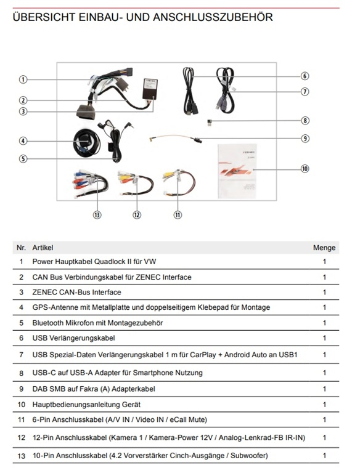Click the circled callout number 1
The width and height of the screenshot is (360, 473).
[x=23, y=79]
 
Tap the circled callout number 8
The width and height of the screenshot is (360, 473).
[x=305, y=121]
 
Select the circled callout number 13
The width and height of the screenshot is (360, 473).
[x=97, y=215]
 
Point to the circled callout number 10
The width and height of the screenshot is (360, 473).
[x=305, y=169]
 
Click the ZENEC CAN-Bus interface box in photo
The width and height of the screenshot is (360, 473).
[x=150, y=89]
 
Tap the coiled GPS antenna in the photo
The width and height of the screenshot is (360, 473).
[x=86, y=142]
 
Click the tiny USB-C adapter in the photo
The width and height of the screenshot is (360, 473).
[x=209, y=123]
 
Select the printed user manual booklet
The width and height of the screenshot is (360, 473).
[x=237, y=171]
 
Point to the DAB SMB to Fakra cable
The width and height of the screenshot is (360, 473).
[x=175, y=137]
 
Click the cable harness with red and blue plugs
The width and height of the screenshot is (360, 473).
[x=90, y=183]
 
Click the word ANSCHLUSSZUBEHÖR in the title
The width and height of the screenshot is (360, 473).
[x=213, y=17]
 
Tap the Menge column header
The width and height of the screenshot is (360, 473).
[x=324, y=248]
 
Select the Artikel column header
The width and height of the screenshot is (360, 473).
[x=43, y=248]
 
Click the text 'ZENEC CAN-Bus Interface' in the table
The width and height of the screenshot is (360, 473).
[x=76, y=293]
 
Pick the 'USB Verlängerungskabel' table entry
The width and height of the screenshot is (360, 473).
[x=74, y=338]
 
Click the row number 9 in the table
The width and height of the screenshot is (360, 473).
[x=21, y=389]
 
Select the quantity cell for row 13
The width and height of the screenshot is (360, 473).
[x=324, y=456]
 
